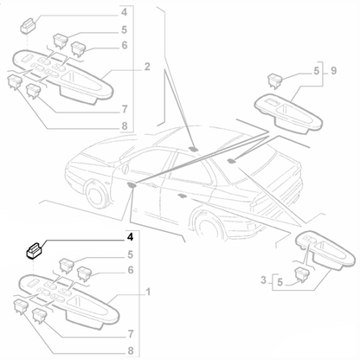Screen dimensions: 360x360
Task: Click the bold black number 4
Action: tap(130, 237)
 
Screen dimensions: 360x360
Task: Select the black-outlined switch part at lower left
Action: tap(34, 250)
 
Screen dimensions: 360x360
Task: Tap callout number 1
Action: tap(148, 292)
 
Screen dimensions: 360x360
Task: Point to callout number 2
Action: tap(147, 67)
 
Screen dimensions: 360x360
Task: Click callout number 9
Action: tap(333, 71)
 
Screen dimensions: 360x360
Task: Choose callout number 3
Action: tap(263, 280)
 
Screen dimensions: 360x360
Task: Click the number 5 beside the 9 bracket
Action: tap(317, 71)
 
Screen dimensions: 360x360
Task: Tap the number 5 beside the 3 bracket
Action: tap(280, 282)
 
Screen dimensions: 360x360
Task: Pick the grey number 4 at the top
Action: tap(124, 12)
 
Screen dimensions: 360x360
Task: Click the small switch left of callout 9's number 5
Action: tap(275, 80)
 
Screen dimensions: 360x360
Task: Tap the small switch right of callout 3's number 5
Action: tap(301, 274)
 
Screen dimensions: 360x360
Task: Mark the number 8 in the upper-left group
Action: tap(125, 125)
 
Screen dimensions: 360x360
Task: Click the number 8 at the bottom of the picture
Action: tap(131, 350)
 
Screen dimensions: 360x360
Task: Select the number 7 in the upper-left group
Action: tap(125, 109)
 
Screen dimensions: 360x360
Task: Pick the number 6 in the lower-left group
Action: tap(131, 270)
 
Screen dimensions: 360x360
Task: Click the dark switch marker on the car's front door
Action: tap(132, 185)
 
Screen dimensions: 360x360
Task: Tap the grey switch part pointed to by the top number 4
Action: tap(28, 25)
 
